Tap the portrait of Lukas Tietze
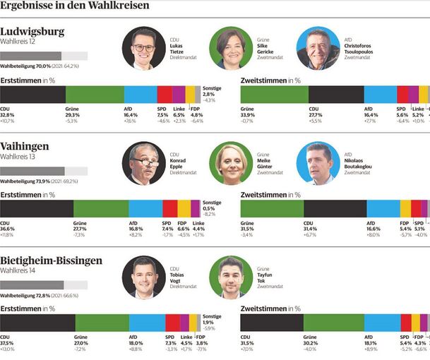tap(143, 48)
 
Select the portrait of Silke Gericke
tap(232, 48)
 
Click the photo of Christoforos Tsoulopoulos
tap(318, 48)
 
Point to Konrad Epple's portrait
tap(143, 163)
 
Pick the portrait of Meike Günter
tap(232, 163)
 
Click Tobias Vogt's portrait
tap(143, 277)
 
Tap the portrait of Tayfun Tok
tap(232, 277)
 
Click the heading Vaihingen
tap(25, 146)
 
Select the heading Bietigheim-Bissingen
tap(51, 260)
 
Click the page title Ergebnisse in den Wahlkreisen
tap(74, 6)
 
